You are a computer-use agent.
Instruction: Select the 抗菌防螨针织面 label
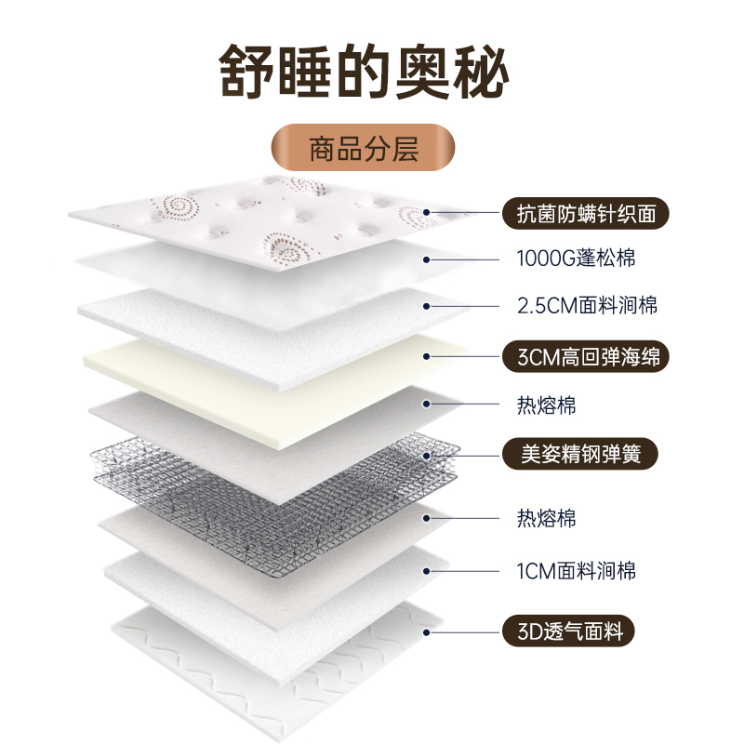pos(585,214)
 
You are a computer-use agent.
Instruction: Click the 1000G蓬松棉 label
pos(576,259)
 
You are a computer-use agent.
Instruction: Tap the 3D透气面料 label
pos(567,632)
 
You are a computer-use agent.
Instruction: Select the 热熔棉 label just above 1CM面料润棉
pos(546,517)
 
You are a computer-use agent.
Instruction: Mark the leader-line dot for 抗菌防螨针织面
pos(429,214)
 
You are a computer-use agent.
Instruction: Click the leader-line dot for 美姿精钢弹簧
pos(429,455)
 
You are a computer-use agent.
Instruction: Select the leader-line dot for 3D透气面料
pos(429,632)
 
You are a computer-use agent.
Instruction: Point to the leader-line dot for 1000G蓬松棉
pos(429,259)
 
